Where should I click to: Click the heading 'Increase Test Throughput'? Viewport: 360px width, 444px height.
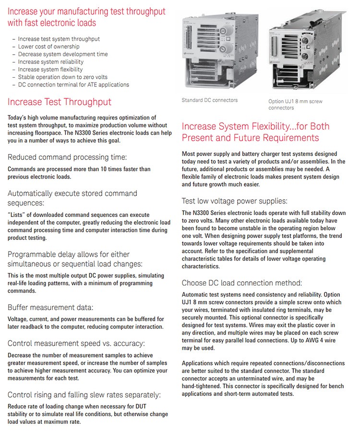click(x=60, y=102)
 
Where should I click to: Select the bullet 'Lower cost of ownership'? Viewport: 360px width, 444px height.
click(x=49, y=47)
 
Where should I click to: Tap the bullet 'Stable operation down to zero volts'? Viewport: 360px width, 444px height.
click(x=63, y=77)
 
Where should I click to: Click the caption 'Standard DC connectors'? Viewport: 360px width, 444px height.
click(x=209, y=100)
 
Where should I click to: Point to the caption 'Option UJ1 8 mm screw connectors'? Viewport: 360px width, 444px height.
click(x=295, y=104)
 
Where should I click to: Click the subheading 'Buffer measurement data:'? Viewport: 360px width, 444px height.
click(x=50, y=307)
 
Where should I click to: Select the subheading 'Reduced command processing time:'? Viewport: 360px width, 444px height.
click(x=67, y=157)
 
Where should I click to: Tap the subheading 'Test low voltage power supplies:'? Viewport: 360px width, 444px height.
click(x=234, y=201)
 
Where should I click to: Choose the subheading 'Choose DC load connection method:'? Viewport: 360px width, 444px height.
click(x=241, y=283)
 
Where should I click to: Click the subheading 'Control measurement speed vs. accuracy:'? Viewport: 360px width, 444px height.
click(x=76, y=343)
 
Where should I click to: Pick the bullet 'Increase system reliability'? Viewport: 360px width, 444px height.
click(x=51, y=62)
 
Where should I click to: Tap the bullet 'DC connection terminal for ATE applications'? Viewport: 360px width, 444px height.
click(x=73, y=84)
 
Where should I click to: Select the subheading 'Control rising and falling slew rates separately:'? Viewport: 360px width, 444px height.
click(x=84, y=395)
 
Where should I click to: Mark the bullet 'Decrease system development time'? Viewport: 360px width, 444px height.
click(x=63, y=54)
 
